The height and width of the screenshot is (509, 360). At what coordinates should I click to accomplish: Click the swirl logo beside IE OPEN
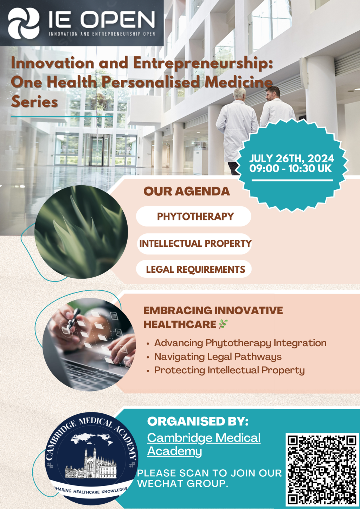pyautogui.click(x=24, y=24)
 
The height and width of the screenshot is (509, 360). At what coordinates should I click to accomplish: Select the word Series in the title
pyautogui.click(x=34, y=102)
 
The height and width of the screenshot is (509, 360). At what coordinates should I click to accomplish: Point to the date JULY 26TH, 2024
pyautogui.click(x=291, y=159)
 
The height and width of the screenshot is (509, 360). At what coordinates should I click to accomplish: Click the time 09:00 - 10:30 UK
pyautogui.click(x=290, y=169)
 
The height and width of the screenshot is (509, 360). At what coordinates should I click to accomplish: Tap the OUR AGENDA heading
pyautogui.click(x=187, y=191)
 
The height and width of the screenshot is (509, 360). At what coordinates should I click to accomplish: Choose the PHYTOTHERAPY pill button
pyautogui.click(x=194, y=216)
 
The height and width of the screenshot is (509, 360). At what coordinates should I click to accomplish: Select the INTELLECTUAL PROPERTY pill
pyautogui.click(x=194, y=244)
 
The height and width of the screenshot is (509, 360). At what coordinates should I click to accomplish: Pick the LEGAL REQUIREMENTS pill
pyautogui.click(x=194, y=269)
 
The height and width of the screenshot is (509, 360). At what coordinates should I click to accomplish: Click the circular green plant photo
pyautogui.click(x=81, y=232)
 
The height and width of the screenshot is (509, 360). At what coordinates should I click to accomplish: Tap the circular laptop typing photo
pyautogui.click(x=89, y=344)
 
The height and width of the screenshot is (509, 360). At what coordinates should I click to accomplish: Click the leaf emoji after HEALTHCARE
pyautogui.click(x=223, y=324)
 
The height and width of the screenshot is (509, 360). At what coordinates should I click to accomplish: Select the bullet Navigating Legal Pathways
pyautogui.click(x=218, y=356)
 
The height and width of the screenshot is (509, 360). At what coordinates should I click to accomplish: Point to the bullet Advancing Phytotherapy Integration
pyautogui.click(x=240, y=343)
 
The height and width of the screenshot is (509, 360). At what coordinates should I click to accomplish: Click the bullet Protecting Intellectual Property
pyautogui.click(x=229, y=370)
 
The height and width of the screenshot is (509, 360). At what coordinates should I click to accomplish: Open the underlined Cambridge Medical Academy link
pyautogui.click(x=204, y=444)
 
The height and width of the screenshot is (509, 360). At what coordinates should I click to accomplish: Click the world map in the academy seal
pyautogui.click(x=92, y=440)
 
